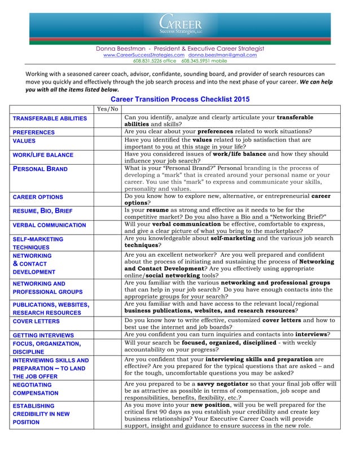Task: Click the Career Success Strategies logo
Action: point(179,25)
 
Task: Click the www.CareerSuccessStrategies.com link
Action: point(143,55)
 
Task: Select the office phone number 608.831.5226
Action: point(153,61)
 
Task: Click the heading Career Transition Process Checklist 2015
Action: point(179,99)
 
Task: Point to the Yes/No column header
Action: point(107,108)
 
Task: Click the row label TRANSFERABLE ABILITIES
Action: point(50,118)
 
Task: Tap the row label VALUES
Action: point(24,141)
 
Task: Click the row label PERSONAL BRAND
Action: point(40,169)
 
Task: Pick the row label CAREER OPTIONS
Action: point(38,197)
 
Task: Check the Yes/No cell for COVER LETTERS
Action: point(107,322)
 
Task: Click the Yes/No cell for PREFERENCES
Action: point(107,133)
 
